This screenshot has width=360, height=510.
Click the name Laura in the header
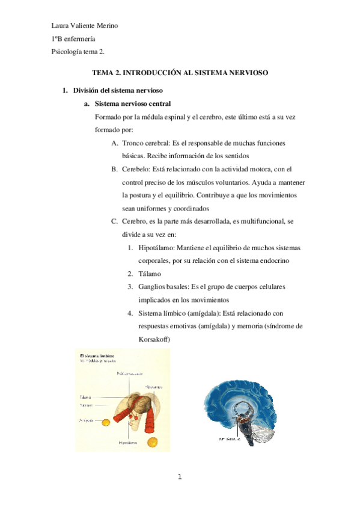(x=61, y=25)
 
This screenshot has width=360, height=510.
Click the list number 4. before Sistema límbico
(x=130, y=313)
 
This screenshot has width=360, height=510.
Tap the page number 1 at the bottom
(x=179, y=478)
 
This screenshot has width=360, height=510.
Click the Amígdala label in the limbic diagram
(x=88, y=420)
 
